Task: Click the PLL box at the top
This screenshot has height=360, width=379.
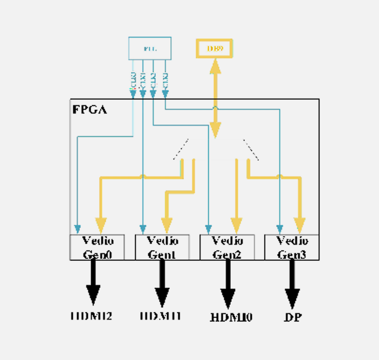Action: [x=149, y=48]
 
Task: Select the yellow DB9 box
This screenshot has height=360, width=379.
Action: [x=213, y=49]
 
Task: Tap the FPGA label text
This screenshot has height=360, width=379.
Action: [x=89, y=109]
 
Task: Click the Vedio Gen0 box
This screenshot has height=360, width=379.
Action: [x=97, y=247]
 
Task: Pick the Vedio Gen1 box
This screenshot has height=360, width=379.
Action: [x=162, y=247]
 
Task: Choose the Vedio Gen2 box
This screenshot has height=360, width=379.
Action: [x=227, y=247]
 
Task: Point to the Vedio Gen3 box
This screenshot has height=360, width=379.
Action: [x=292, y=247]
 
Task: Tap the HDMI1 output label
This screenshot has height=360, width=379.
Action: [x=160, y=315]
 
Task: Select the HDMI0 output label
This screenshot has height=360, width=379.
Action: [x=231, y=317]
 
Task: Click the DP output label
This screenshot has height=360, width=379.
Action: [x=292, y=317]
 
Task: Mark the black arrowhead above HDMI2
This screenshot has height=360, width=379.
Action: [x=93, y=295]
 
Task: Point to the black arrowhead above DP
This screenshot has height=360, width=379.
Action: [x=292, y=297]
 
